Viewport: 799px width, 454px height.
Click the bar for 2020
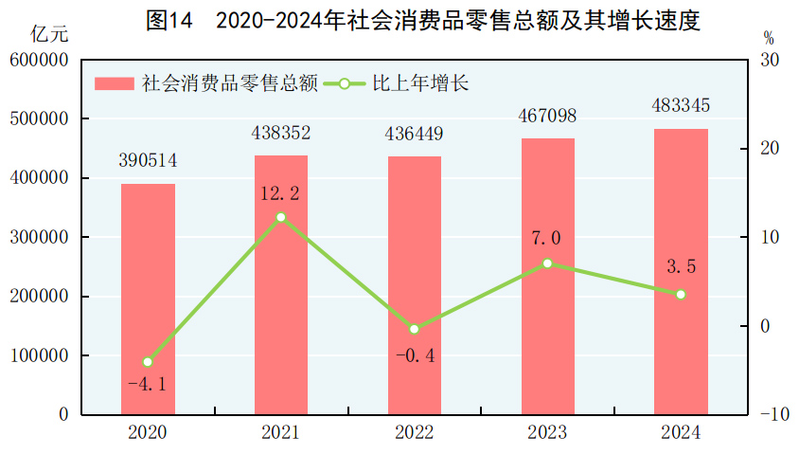pyautogui.click(x=148, y=299)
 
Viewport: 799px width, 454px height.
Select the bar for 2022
pyautogui.click(x=414, y=284)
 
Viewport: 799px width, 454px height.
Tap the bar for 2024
pyautogui.click(x=681, y=271)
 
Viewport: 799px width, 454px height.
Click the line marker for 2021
pyautogui.click(x=281, y=218)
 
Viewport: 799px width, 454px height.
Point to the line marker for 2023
pyautogui.click(x=547, y=263)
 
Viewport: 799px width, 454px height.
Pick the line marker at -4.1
pyautogui.click(x=148, y=362)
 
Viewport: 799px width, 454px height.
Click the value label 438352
pyautogui.click(x=281, y=133)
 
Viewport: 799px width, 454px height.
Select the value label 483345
pyautogui.click(x=681, y=105)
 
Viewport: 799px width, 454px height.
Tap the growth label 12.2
pyautogui.click(x=281, y=194)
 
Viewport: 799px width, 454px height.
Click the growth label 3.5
pyautogui.click(x=681, y=268)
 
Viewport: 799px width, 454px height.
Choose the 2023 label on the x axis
pyautogui.click(x=547, y=433)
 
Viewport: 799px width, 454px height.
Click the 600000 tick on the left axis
pyautogui.click(x=40, y=60)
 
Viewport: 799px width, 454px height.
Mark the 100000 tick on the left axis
pyautogui.click(x=40, y=355)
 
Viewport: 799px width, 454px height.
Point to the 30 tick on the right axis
pyautogui.click(x=769, y=60)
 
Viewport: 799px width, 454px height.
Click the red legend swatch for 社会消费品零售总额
pyautogui.click(x=115, y=83)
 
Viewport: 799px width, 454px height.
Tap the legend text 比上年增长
pyautogui.click(x=420, y=83)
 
